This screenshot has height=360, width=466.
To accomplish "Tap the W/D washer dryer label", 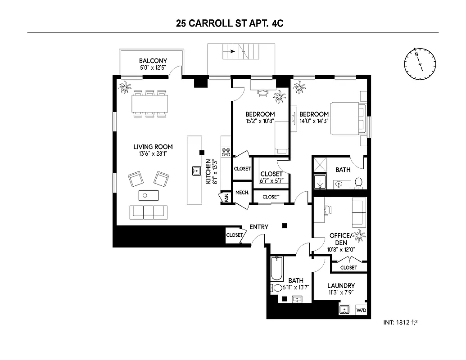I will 361,310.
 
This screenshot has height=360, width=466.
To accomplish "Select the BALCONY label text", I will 153,61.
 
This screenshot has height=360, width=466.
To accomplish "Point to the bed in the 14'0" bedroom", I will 347,119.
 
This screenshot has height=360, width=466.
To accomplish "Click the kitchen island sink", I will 196,170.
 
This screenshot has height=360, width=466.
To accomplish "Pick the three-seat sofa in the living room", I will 148,211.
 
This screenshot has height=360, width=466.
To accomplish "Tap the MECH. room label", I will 242,193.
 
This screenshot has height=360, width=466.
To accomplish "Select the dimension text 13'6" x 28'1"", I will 153,154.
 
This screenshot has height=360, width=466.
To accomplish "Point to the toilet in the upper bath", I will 359,183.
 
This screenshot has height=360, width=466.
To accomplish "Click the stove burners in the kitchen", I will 226,152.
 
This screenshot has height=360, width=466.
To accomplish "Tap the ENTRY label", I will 258,227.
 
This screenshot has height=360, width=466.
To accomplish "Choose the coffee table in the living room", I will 148,195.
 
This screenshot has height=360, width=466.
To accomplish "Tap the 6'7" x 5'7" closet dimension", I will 271,181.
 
